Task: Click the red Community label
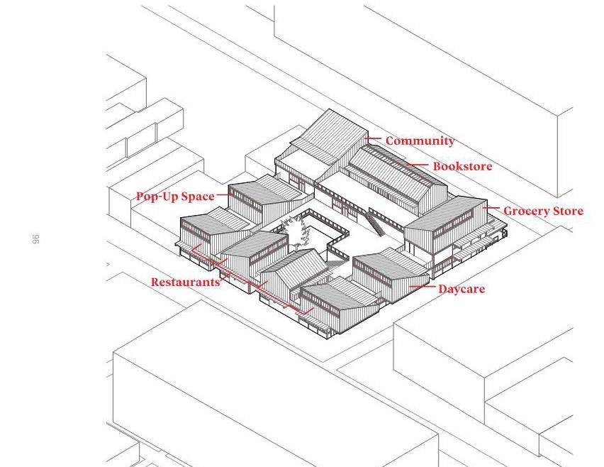click(420, 141)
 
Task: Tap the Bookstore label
click(462, 166)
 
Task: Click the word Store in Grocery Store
click(568, 211)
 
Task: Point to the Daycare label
click(461, 289)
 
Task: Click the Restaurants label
click(186, 282)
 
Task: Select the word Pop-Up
click(157, 196)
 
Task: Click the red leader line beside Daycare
click(421, 287)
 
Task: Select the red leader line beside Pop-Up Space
click(221, 195)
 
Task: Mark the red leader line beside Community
click(373, 140)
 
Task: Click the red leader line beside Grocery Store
click(491, 209)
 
